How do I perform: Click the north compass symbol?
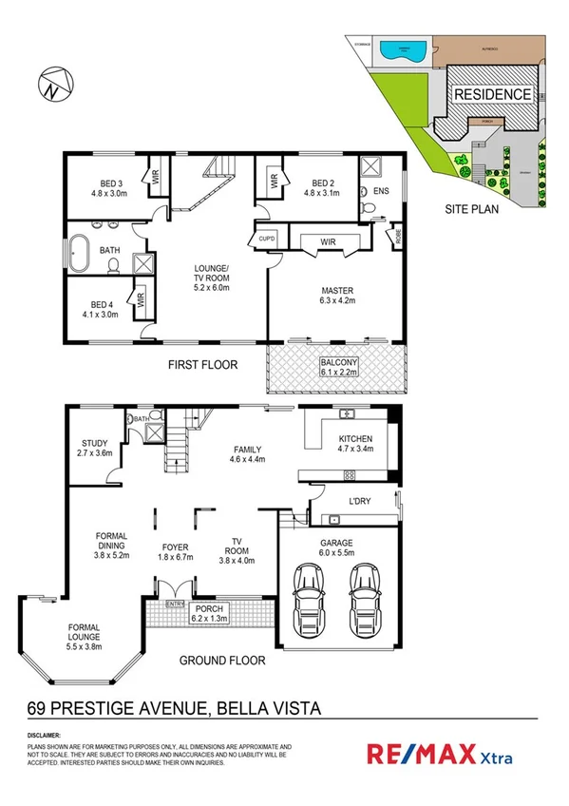52,85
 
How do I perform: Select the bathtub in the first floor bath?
79,252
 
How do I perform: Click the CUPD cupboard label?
267,240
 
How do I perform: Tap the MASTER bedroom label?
337,295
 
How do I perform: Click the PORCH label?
208,613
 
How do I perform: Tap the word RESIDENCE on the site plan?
491,95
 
